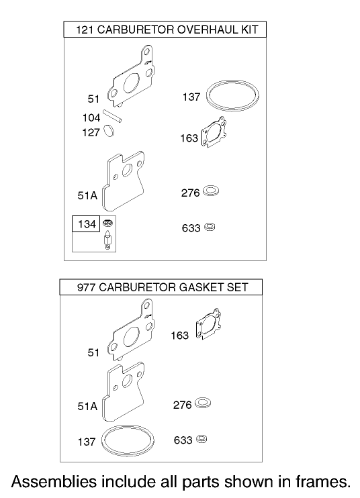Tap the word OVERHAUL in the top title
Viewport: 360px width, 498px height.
tap(199, 30)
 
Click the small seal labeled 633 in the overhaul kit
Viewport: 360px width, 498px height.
tap(210, 227)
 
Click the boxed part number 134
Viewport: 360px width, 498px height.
tap(87, 224)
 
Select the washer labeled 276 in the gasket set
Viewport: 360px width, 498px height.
tap(202, 405)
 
